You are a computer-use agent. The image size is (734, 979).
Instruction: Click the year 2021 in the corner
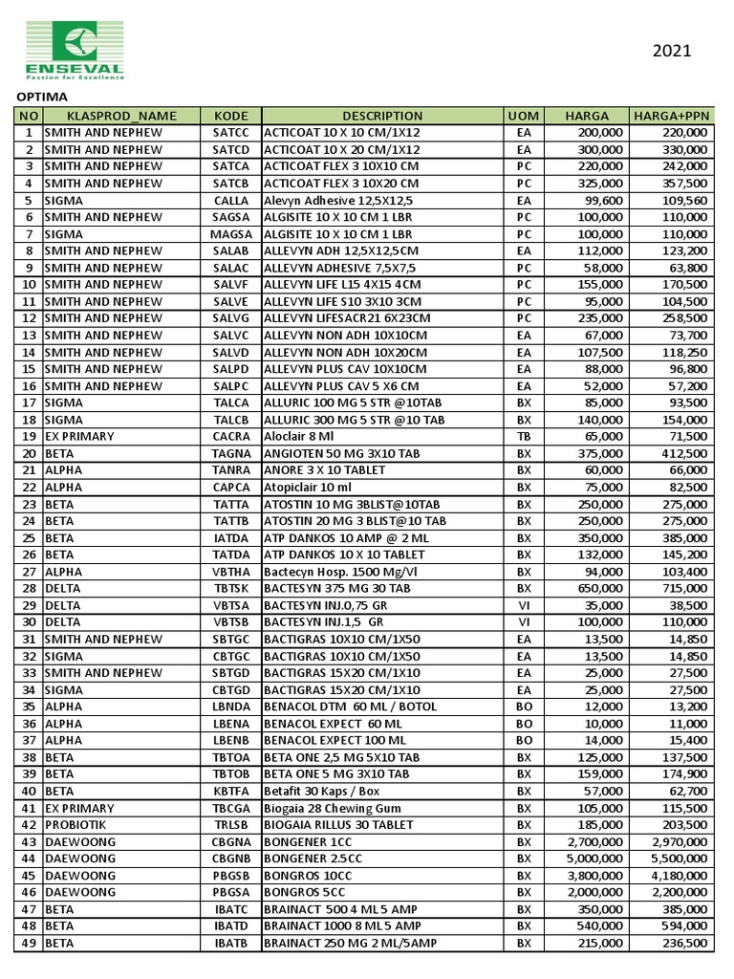672,51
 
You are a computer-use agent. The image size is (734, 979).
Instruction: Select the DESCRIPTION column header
382,116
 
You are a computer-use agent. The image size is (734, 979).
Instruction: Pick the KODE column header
231,116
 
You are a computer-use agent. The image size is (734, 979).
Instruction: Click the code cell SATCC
231,133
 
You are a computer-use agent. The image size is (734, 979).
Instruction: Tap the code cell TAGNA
231,453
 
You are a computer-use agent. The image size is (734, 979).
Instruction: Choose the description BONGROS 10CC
307,875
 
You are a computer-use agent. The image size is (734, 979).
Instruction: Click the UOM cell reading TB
524,436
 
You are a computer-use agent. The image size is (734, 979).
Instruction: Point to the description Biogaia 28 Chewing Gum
332,807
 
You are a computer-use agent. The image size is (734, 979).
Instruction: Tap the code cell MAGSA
231,234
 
